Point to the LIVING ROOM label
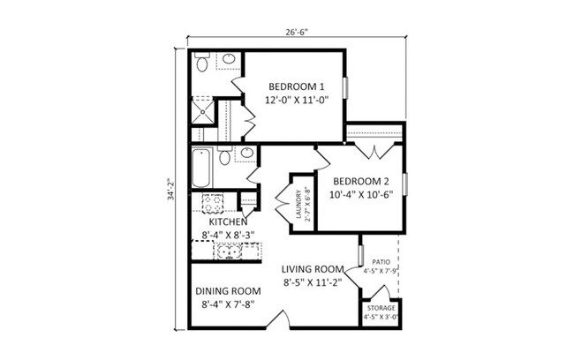click(x=312, y=269)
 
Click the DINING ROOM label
click(x=227, y=290)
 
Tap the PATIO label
click(x=381, y=262)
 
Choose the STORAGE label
click(x=381, y=308)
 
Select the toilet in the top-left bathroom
click(x=202, y=64)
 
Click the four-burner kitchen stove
click(x=212, y=204)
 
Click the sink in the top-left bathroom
click(x=229, y=60)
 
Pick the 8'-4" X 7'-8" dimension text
click(x=227, y=305)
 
